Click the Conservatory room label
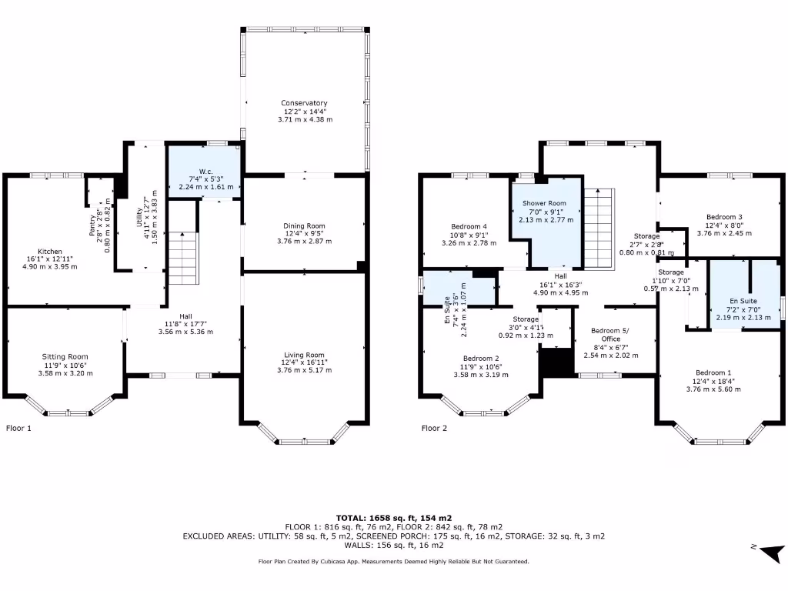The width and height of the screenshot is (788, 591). pyautogui.click(x=304, y=103)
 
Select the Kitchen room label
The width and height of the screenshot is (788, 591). pyautogui.click(x=50, y=252)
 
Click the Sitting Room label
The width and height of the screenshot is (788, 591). pyautogui.click(x=65, y=357)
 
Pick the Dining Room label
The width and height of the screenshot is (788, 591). pyautogui.click(x=304, y=225)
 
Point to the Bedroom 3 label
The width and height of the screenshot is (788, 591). pyautogui.click(x=723, y=217)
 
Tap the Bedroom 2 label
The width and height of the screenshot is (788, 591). pyautogui.click(x=482, y=359)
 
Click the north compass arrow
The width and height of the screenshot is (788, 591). pyautogui.click(x=772, y=552)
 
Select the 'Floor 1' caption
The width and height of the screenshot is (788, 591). pyautogui.click(x=18, y=428)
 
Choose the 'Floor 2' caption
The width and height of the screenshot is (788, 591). pyautogui.click(x=434, y=428)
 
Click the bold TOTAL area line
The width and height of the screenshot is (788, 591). pyautogui.click(x=393, y=517)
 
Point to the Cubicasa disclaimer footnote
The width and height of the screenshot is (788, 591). pyautogui.click(x=393, y=562)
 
